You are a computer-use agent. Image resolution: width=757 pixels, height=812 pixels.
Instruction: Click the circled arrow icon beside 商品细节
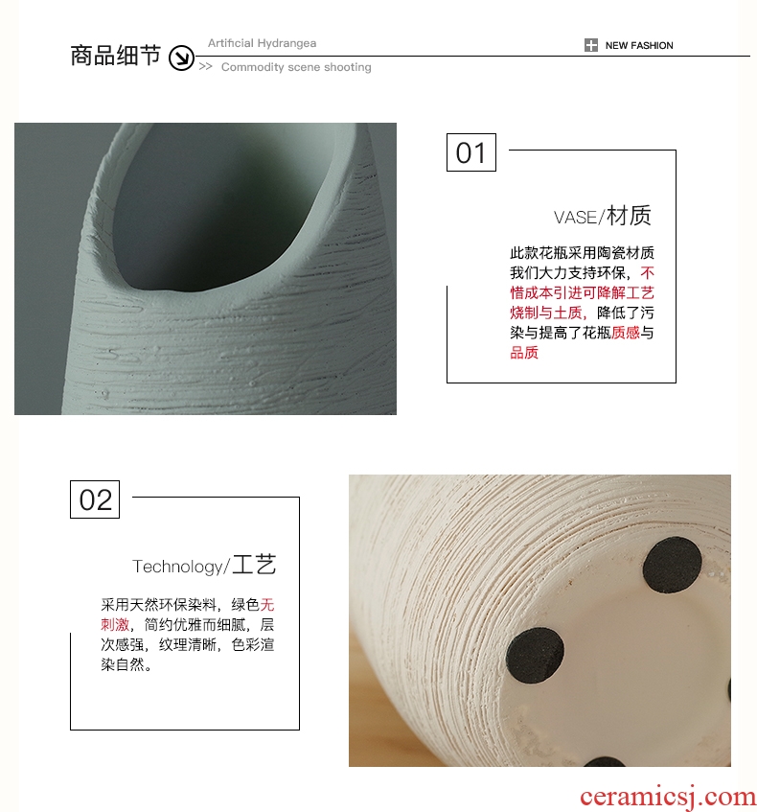pos(181,58)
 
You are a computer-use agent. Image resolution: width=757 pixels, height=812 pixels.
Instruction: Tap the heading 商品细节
pos(115,56)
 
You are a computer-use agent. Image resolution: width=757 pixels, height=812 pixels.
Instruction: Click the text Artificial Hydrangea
pos(262,43)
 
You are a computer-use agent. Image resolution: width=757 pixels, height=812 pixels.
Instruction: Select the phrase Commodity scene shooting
pos(296,67)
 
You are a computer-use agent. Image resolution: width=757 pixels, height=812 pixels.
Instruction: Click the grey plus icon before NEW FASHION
pos(591,45)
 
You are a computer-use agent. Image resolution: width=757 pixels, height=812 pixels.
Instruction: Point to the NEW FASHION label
pos(639,46)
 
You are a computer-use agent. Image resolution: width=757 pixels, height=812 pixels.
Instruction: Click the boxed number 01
pos(471,152)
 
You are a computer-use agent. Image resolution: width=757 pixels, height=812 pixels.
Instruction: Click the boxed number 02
pos(95,499)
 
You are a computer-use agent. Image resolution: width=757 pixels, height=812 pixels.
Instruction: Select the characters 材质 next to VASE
pos(629,216)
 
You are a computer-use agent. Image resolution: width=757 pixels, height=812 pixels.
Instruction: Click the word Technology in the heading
pos(177,567)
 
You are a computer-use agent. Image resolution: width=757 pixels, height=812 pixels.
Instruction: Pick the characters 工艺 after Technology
pos(254,565)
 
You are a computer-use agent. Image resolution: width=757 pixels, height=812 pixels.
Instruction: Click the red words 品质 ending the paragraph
pos(524,353)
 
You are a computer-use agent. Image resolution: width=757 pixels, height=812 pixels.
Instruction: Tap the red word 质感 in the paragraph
pos(626,333)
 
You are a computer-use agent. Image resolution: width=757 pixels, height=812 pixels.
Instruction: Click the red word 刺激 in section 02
pos(115,624)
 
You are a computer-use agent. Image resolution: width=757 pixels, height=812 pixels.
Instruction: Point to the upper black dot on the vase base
pos(672,565)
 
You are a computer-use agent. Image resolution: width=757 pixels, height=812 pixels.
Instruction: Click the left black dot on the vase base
pos(535,656)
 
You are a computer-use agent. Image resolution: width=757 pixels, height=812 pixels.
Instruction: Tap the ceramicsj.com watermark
pos(667,798)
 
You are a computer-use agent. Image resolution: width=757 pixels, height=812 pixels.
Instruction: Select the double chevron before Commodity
pos(206,66)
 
